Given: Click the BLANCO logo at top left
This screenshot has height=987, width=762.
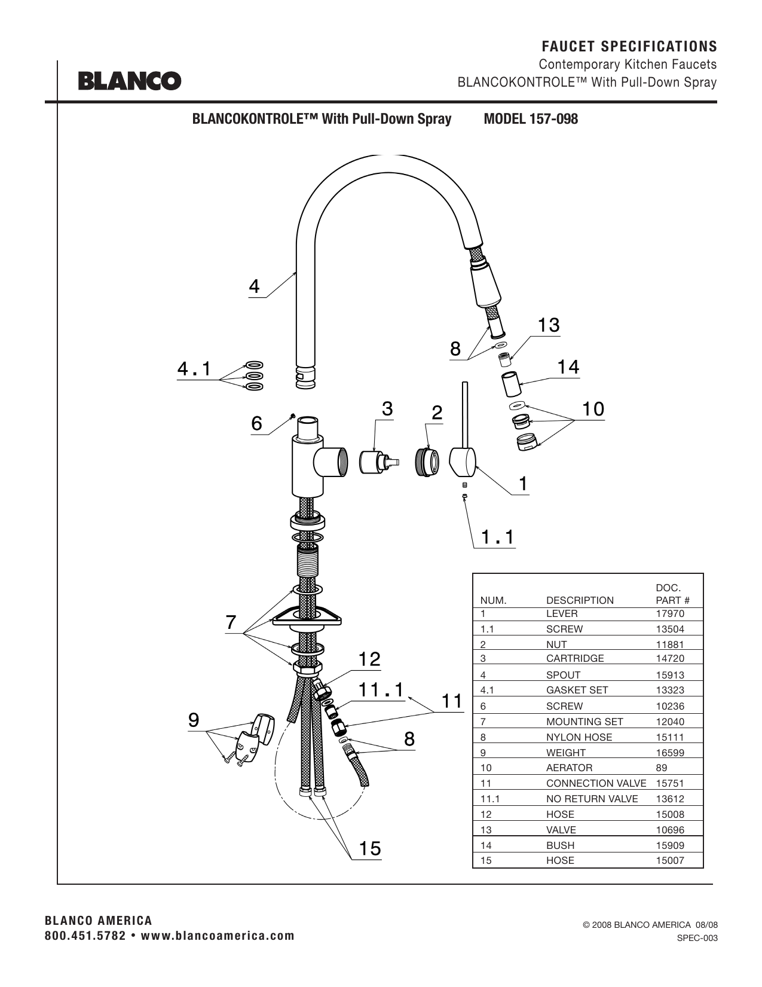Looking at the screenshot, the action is point(130,81).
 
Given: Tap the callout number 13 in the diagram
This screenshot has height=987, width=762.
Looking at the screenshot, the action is point(549,325).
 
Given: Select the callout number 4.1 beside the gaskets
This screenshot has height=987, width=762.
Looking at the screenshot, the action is point(194,369).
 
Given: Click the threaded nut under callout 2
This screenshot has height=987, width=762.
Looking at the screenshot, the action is point(427,462).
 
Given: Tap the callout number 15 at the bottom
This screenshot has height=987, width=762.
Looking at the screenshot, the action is point(370,848).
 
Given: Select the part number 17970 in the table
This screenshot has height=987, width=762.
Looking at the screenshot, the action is point(670,613).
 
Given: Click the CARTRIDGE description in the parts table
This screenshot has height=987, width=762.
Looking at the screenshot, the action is point(575,658).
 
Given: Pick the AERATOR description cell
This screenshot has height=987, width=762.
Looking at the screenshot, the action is point(570,768).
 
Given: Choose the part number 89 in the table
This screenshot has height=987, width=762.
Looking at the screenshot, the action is point(662,768).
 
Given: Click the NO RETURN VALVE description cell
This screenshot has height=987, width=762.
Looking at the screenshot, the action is point(592,799).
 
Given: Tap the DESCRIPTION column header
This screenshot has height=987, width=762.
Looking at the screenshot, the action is point(580,600).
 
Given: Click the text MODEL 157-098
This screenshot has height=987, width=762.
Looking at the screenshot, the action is point(531,119).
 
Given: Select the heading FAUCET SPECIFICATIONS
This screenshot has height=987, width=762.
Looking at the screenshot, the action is point(629,46).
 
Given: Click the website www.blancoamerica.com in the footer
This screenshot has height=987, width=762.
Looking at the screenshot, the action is point(218,936).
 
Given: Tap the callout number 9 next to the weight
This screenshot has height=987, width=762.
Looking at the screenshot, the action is point(194,720).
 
